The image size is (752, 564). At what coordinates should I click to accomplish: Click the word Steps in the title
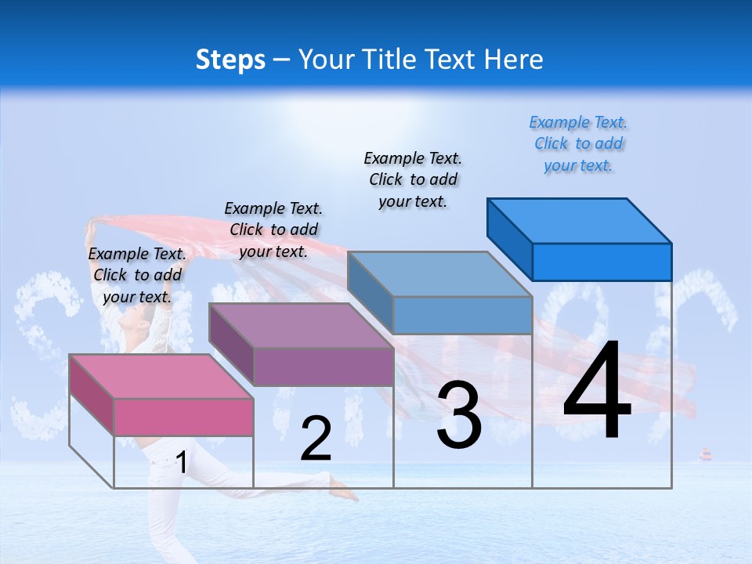[230, 60]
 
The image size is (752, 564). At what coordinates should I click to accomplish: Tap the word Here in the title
[513, 60]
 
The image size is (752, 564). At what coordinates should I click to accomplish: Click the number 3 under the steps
[458, 415]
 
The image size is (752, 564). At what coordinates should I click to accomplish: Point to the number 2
[316, 439]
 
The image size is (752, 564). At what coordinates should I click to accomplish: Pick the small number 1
[181, 462]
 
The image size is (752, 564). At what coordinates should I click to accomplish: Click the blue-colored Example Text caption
[578, 143]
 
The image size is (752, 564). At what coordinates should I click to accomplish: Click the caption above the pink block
[137, 275]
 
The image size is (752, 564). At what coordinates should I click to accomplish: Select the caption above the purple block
[273, 230]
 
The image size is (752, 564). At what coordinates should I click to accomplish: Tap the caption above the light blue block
[413, 179]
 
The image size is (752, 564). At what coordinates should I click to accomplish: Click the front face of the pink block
[183, 417]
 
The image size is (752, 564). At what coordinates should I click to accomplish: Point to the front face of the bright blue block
[602, 262]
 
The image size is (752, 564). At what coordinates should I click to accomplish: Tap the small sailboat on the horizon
[705, 455]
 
